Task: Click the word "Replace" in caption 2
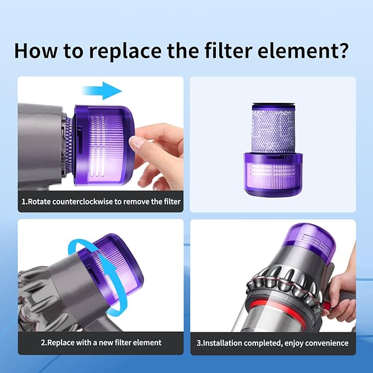[x=61, y=343]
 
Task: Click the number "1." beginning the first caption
[x=24, y=202]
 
